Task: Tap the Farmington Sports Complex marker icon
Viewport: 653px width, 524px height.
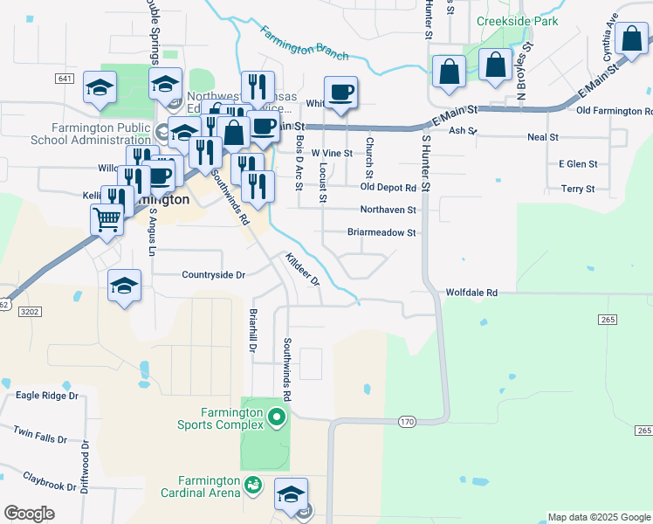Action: (x=278, y=417)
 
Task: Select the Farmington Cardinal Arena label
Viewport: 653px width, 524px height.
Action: (x=210, y=486)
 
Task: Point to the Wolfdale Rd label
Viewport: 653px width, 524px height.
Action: (x=471, y=293)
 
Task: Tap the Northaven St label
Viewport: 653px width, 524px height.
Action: (x=388, y=210)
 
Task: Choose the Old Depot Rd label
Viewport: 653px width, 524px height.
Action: (x=388, y=187)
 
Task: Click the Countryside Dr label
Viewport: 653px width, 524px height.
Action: (x=214, y=275)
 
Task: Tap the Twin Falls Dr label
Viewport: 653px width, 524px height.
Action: (x=39, y=434)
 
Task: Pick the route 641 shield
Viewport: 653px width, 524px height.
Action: (x=64, y=79)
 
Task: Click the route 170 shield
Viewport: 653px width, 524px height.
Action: (x=407, y=422)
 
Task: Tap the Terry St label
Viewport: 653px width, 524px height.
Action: (x=578, y=189)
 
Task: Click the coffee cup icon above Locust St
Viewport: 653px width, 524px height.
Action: (x=341, y=92)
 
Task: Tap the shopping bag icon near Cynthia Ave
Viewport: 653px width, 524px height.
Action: (x=631, y=38)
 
